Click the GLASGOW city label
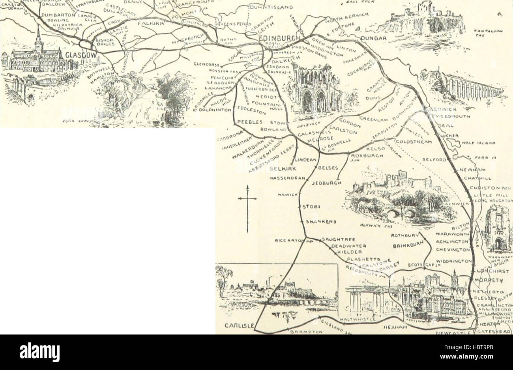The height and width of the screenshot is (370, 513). [x=82, y=55]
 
